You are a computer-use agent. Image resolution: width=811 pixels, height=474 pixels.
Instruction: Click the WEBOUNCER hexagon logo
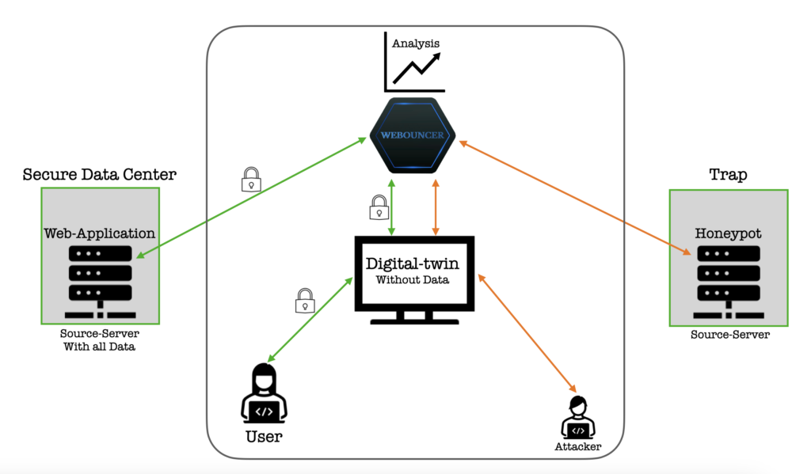coord(412,136)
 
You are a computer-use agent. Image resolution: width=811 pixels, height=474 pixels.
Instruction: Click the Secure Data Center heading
coord(100,174)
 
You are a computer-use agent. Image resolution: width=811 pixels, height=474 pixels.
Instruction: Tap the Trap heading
coord(727,174)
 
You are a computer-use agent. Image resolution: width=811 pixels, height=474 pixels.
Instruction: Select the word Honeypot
coord(728,233)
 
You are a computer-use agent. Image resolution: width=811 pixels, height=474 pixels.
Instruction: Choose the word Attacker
coord(578,447)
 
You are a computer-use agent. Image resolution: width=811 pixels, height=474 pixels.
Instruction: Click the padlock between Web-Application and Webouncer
coord(251,180)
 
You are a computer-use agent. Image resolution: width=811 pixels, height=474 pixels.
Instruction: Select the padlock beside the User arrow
coord(304,300)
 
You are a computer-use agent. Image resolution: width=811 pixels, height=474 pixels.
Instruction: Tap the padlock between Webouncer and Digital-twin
coord(379,207)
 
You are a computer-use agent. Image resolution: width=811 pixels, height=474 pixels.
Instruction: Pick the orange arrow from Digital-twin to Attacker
coord(526,332)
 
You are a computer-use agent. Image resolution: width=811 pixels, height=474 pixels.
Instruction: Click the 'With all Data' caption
coord(100,347)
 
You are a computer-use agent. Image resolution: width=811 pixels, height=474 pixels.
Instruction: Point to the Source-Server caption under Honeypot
coord(729,334)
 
